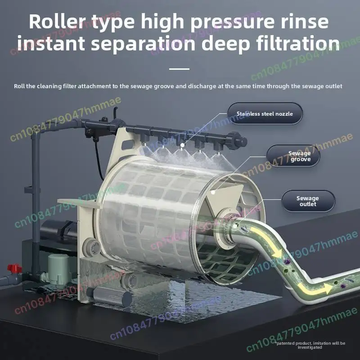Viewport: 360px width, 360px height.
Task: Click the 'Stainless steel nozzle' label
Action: pyautogui.click(x=265, y=114)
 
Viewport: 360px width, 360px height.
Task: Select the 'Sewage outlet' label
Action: pyautogui.click(x=308, y=201)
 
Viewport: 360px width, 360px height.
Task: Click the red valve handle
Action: pyautogui.click(x=14, y=268)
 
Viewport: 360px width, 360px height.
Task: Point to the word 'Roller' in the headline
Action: pyautogui.click(x=57, y=22)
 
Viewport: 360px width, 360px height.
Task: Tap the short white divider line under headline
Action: pyautogui.click(x=179, y=69)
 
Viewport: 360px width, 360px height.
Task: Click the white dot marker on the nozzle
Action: pyautogui.click(x=182, y=145)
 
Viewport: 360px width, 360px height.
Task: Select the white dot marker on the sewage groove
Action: pyautogui.click(x=213, y=192)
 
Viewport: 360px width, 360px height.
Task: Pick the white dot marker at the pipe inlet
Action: pyautogui.click(x=234, y=226)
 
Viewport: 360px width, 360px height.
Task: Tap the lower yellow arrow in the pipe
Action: pyautogui.click(x=315, y=288)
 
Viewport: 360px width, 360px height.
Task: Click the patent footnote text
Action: pyautogui.click(x=310, y=345)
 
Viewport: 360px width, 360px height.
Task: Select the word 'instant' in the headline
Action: pyautogui.click(x=51, y=43)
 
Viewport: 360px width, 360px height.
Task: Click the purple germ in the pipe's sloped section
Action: pyautogui.click(x=287, y=261)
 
